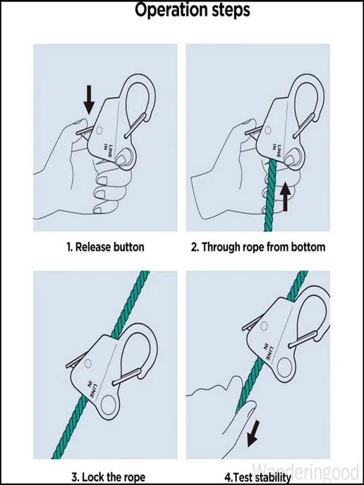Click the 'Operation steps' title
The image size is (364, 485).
tap(192, 11)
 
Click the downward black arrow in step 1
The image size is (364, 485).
tap(89, 99)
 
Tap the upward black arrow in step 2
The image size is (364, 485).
tap(285, 197)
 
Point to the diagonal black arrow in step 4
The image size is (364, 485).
tap(253, 434)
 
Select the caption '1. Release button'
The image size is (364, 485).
tap(105, 247)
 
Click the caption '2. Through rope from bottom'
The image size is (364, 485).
tap(258, 247)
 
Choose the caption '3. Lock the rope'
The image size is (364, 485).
tap(109, 477)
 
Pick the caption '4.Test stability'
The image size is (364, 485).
tap(257, 477)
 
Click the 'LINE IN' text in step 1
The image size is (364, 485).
tap(108, 151)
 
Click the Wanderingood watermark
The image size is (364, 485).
tap(306, 472)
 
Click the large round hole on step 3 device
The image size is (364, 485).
tap(109, 405)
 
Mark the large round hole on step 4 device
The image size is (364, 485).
tap(284, 367)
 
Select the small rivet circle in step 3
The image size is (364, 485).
tap(88, 363)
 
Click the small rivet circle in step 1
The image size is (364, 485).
tap(99, 130)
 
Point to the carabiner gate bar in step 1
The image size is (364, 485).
tap(135, 125)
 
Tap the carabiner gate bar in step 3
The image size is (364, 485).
tap(127, 376)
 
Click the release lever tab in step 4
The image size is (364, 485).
tap(252, 323)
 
